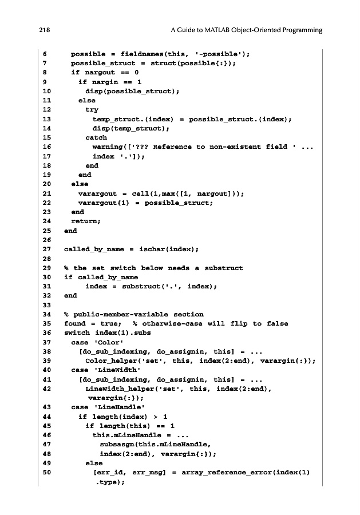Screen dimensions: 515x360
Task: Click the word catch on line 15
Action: [x=96, y=138]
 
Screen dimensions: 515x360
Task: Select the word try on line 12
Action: [x=92, y=110]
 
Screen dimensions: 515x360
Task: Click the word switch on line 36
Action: [x=76, y=333]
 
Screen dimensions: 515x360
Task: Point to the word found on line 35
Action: [x=74, y=324]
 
